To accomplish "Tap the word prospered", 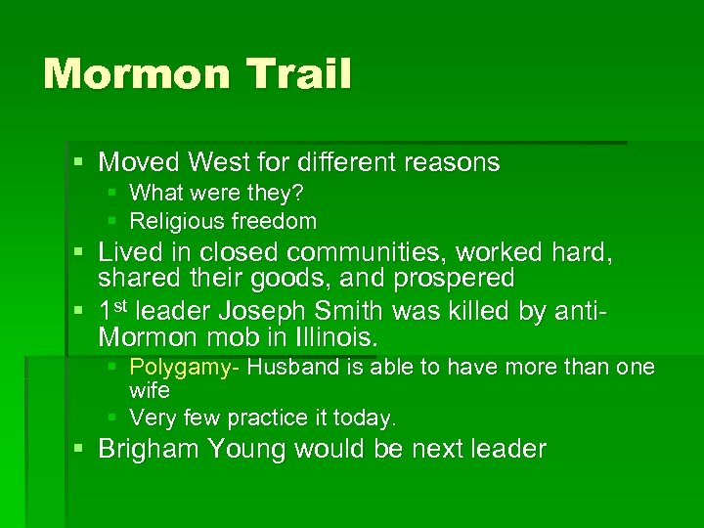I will [454, 279].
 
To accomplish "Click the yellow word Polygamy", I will [184, 368].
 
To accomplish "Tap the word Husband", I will [288, 368].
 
